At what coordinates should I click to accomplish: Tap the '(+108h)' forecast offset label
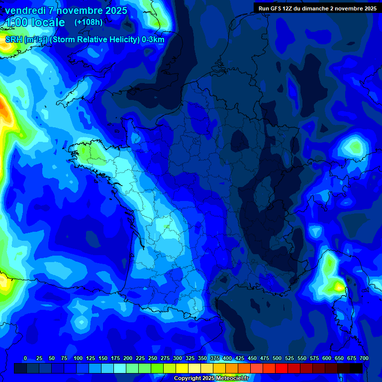tap(89, 22)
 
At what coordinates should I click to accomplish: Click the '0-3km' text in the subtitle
tap(153, 40)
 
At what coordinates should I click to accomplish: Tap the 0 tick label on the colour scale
tap(25, 358)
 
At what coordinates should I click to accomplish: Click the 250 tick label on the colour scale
tap(153, 358)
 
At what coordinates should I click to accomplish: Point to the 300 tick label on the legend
tap(178, 358)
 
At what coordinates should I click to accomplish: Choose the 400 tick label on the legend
tap(227, 358)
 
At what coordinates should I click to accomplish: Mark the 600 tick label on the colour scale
tap(327, 358)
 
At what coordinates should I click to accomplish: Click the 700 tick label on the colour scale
tap(364, 358)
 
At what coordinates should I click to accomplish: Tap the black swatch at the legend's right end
tap(356, 368)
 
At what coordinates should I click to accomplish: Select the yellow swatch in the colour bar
tap(182, 368)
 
